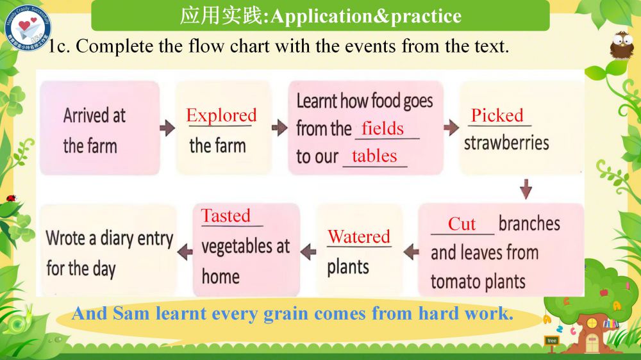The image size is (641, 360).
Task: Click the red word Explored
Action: pyautogui.click(x=221, y=115)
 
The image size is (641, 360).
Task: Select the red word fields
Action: pyautogui.click(x=383, y=129)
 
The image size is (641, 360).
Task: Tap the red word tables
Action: pyautogui.click(x=374, y=156)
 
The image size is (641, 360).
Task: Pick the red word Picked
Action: pyautogui.click(x=497, y=115)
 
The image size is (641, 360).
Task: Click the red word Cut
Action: pyautogui.click(x=462, y=224)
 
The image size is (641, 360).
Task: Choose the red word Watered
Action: pyautogui.click(x=359, y=236)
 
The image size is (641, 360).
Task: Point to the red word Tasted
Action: pyautogui.click(x=226, y=215)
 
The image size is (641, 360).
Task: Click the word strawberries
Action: pyautogui.click(x=506, y=143)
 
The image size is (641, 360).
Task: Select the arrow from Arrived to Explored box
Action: pyautogui.click(x=167, y=128)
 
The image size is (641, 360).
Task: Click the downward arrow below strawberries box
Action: pyautogui.click(x=526, y=189)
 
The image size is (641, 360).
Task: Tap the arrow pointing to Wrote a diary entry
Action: pyautogui.click(x=185, y=252)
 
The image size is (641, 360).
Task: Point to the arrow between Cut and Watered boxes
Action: pyautogui.click(x=411, y=252)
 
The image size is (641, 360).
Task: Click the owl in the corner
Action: pyautogui.click(x=622, y=45)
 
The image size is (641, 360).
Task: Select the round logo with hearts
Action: pyautogui.click(x=28, y=28)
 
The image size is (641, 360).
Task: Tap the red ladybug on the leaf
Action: pyautogui.click(x=12, y=198)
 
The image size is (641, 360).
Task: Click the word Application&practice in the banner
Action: pyautogui.click(x=366, y=17)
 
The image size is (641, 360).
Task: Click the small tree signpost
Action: pyautogui.click(x=552, y=343)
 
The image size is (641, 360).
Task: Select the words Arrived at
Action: pyautogui.click(x=94, y=115)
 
